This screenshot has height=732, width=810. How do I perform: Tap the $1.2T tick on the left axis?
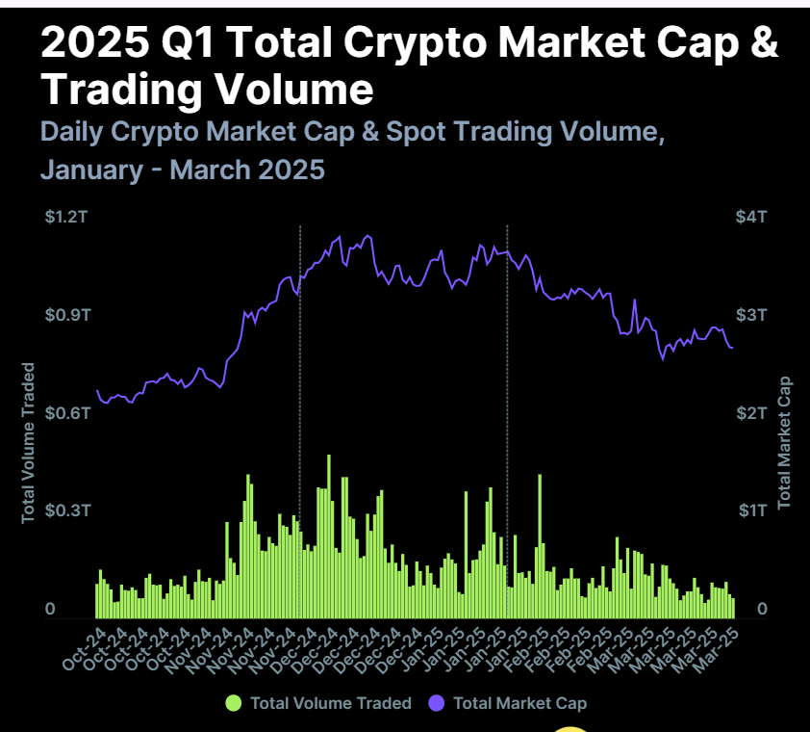click(64, 218)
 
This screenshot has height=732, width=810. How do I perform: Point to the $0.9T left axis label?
click(64, 315)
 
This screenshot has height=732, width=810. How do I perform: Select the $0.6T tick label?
click(64, 412)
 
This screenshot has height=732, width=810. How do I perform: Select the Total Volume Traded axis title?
click(28, 443)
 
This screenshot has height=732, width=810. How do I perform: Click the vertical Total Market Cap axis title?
click(784, 443)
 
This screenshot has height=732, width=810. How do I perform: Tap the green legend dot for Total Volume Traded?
click(234, 703)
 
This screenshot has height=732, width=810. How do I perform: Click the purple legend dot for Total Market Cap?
click(437, 703)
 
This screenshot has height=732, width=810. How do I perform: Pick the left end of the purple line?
click(97, 391)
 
